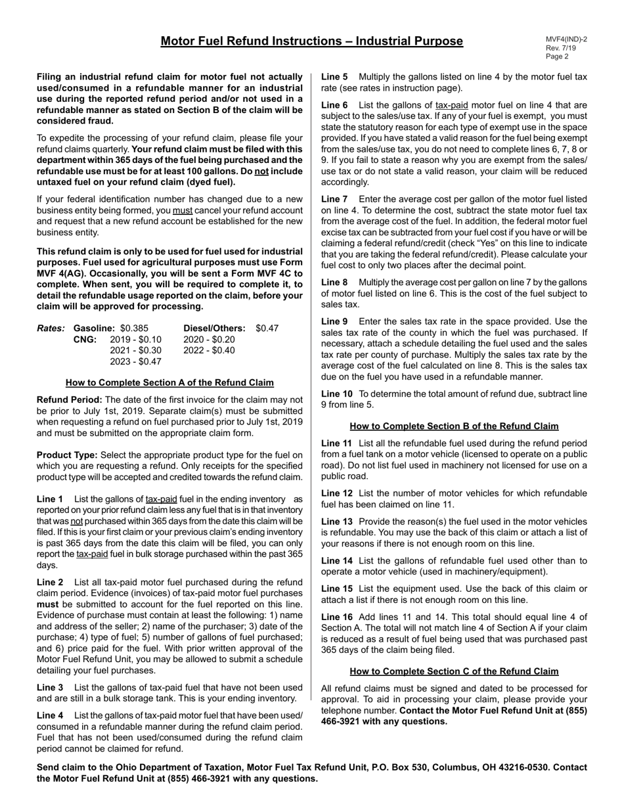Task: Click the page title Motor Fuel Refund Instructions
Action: [x=311, y=41]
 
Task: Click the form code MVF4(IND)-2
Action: [x=566, y=39]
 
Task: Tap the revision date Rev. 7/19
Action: [x=560, y=48]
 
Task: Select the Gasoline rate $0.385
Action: [x=134, y=328]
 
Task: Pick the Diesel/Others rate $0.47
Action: [x=267, y=328]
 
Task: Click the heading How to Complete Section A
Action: [x=169, y=383]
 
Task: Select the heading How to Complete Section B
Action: [x=454, y=426]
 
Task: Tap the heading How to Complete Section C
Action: [x=454, y=671]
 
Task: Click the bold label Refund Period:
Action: [x=69, y=400]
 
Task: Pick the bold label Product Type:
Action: [x=67, y=455]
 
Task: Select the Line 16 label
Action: [x=337, y=617]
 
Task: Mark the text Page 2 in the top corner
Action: [x=557, y=56]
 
